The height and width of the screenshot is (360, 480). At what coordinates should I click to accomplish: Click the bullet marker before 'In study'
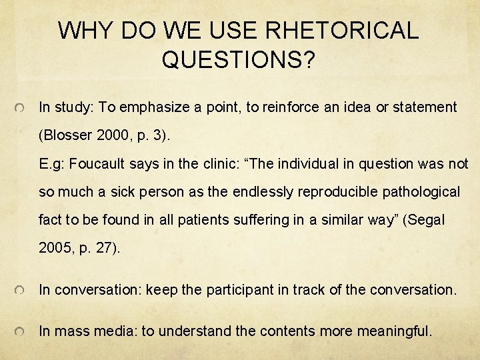point(21,108)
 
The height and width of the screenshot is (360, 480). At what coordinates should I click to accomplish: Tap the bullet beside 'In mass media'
point(21,332)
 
